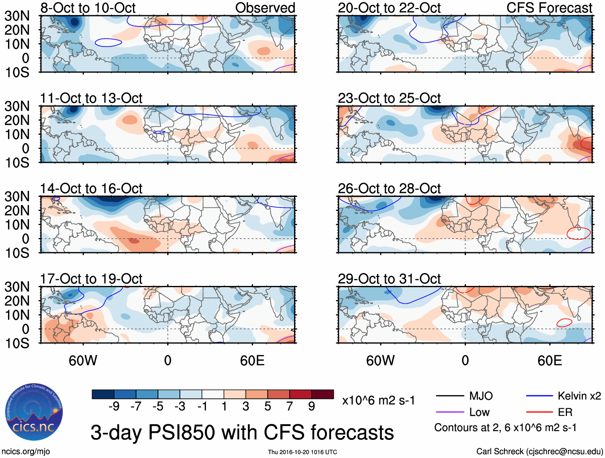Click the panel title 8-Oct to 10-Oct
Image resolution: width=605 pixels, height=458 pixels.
pos(88,8)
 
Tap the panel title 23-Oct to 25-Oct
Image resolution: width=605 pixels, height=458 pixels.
pos(389,98)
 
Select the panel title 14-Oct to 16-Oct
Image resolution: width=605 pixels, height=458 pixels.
pos(91,188)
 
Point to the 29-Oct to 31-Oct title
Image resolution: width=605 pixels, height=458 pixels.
pos(389,279)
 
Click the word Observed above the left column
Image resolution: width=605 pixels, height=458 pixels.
pos(265,8)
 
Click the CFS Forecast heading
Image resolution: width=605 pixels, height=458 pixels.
pos(549,8)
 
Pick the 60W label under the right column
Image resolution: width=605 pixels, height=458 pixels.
pos(380,361)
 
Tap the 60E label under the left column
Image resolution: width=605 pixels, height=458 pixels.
pos(252,361)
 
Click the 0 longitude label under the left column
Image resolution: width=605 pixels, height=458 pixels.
pos(167,361)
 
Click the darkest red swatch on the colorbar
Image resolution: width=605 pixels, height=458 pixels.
pos(323,394)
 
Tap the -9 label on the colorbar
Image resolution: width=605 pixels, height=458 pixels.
pos(114,406)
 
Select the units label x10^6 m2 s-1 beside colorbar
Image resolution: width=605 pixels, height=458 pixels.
pos(378,400)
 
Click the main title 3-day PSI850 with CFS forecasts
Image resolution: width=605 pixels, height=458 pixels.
pos(242,433)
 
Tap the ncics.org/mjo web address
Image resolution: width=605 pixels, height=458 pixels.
pos(26,452)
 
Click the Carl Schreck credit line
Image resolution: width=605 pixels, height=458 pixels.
pos(539,452)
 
